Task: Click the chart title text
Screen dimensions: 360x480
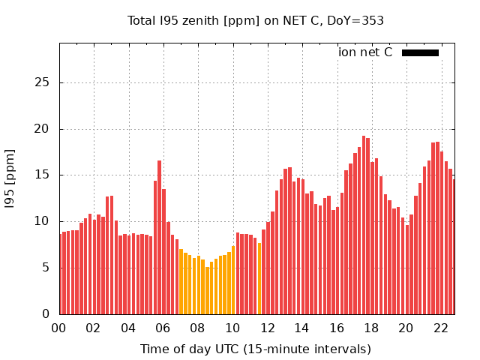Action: pyautogui.click(x=256, y=20)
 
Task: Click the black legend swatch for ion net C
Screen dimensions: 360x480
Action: pyautogui.click(x=420, y=52)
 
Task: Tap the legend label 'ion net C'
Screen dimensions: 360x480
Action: pyautogui.click(x=365, y=52)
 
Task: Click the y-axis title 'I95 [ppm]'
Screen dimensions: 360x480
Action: pyautogui.click(x=10, y=178)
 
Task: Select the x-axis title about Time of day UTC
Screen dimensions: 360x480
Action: pyautogui.click(x=256, y=349)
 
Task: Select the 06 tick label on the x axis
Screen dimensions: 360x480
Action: pyautogui.click(x=163, y=328)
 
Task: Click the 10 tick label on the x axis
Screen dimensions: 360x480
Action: pyautogui.click(x=232, y=328)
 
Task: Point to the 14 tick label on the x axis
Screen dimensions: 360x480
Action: pyautogui.click(x=301, y=328)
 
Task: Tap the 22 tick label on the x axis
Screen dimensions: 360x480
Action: pyautogui.click(x=440, y=328)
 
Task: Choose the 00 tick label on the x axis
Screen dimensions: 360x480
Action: pyautogui.click(x=59, y=328)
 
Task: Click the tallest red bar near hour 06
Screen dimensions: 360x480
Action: pyautogui.click(x=159, y=237)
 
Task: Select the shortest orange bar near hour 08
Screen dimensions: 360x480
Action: pyautogui.click(x=207, y=290)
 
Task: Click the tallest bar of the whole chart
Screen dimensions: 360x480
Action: pyautogui.click(x=364, y=225)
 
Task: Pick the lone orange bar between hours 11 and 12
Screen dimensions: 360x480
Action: pyautogui.click(x=259, y=278)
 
